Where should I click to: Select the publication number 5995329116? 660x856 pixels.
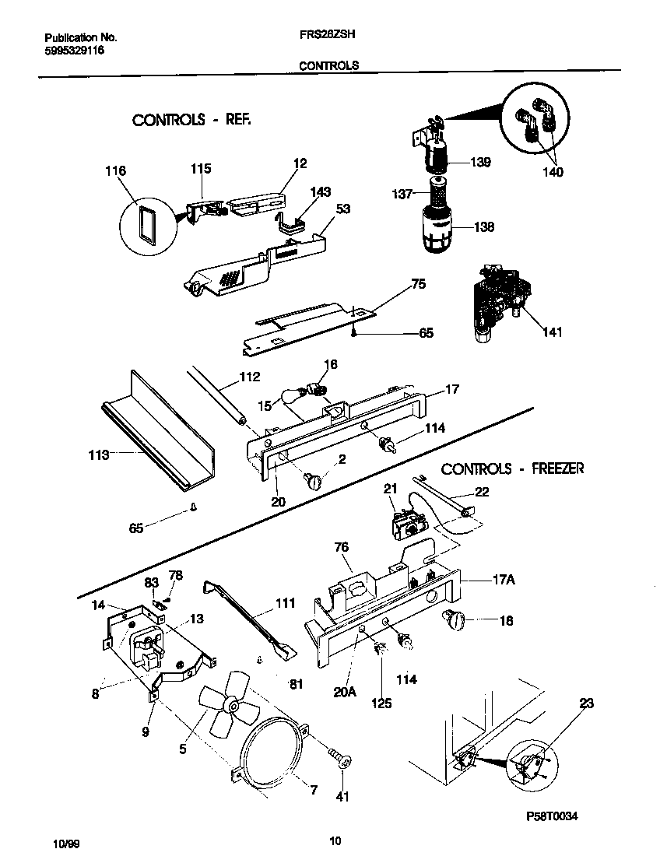point(74,50)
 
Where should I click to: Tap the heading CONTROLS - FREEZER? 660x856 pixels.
point(512,468)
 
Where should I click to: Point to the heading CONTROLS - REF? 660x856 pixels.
point(191,120)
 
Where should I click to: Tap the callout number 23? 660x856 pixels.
point(586,703)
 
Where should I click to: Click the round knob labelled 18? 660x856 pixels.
point(451,619)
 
